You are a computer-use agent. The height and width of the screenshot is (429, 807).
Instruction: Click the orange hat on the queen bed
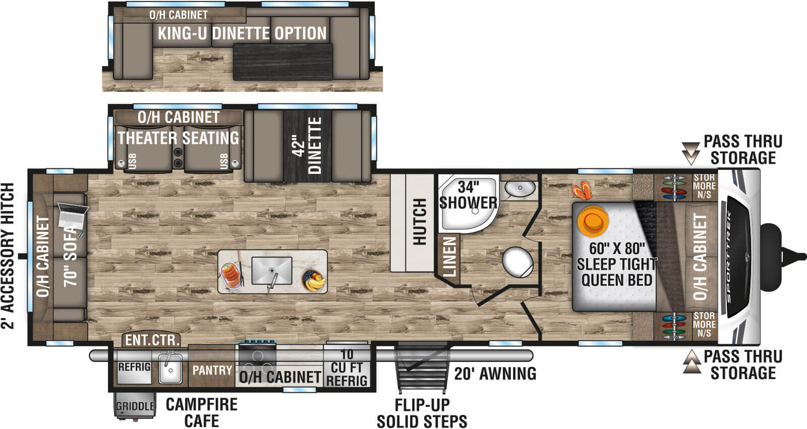[593, 221]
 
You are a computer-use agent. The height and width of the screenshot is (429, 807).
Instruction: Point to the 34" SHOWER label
[468, 195]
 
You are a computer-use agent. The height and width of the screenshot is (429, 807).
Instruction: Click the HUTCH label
[420, 222]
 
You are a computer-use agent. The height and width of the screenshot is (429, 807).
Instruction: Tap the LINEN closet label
[449, 257]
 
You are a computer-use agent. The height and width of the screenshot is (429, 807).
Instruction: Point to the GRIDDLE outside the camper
[135, 406]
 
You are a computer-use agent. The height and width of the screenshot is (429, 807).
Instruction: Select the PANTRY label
[212, 371]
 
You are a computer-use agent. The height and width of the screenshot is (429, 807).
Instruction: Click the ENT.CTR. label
[152, 340]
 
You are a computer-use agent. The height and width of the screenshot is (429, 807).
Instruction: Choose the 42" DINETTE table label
[307, 146]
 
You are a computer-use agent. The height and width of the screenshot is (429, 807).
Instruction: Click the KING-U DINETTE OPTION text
[242, 34]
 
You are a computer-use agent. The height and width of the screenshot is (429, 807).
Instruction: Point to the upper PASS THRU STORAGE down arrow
[689, 153]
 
